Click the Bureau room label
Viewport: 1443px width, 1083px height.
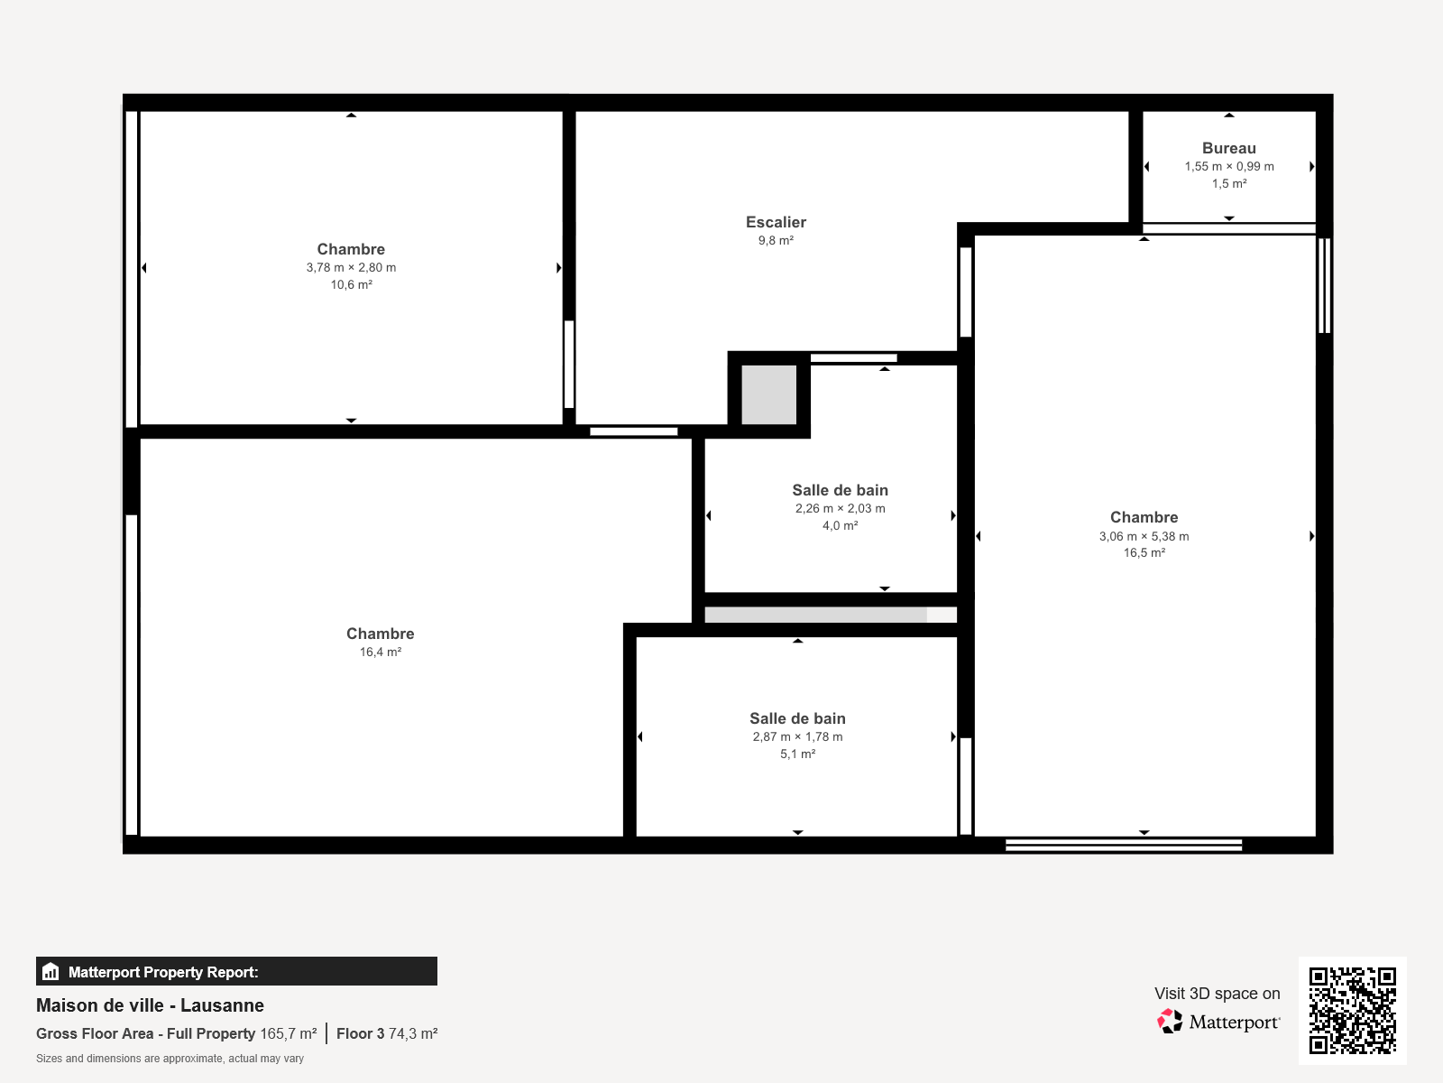tap(1228, 148)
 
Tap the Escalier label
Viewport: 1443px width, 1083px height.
tap(776, 222)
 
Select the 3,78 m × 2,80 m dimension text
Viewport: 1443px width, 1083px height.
tap(351, 268)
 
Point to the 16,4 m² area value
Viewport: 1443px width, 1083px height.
tap(380, 652)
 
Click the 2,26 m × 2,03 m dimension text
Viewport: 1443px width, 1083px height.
tap(841, 508)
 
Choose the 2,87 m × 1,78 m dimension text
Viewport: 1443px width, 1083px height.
tap(797, 736)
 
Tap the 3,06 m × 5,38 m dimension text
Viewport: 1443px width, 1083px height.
tap(1144, 536)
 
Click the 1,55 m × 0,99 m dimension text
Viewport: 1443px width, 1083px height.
tap(1228, 166)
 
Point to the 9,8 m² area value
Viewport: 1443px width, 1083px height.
tap(776, 241)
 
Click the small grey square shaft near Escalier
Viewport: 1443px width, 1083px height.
tap(768, 394)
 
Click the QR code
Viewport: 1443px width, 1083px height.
tap(1352, 1011)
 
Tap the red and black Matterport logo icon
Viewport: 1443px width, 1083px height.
tap(1170, 1022)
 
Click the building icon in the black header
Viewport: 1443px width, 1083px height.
tap(51, 971)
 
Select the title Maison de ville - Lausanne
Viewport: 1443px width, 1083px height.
tap(150, 1004)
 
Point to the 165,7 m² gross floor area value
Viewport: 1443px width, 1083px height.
tap(288, 1033)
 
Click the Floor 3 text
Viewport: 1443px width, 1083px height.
tap(360, 1033)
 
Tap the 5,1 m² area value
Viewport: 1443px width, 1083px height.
tap(797, 754)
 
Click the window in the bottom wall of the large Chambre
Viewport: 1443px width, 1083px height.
tap(1124, 845)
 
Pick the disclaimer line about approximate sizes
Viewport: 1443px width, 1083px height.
tap(170, 1059)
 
